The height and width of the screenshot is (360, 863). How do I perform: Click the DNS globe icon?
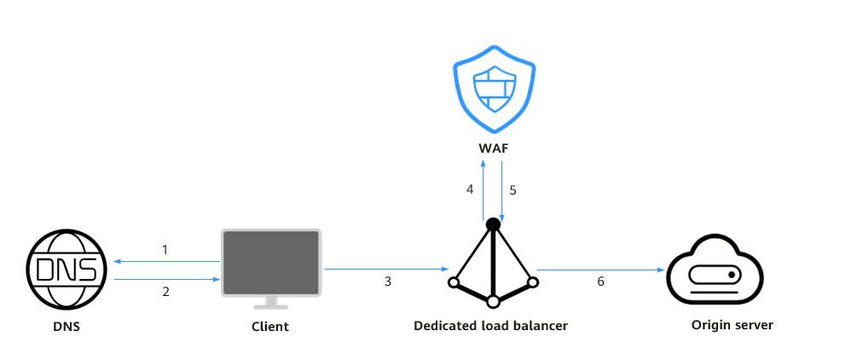point(66,270)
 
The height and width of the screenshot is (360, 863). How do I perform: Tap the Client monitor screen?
point(271,263)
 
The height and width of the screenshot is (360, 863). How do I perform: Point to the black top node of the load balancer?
point(493,224)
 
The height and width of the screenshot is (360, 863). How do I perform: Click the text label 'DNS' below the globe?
point(66,327)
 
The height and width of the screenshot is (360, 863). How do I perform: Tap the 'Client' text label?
point(270,327)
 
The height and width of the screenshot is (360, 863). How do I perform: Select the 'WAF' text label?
point(494,148)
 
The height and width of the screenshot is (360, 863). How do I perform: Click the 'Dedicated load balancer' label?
point(490,325)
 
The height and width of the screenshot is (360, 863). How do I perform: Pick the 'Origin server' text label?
point(732,325)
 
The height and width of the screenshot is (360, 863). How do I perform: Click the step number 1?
point(165,250)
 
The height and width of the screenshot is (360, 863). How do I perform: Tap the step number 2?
point(165,292)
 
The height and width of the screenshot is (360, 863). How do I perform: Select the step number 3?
point(388,282)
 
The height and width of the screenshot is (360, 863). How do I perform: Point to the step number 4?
point(470,189)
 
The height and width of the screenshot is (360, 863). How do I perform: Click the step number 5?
point(513,190)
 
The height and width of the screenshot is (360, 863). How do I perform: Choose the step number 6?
point(600,282)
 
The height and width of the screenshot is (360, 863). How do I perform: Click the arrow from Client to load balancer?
point(387,270)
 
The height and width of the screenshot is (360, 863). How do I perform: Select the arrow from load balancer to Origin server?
point(601,270)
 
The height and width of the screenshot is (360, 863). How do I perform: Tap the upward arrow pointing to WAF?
point(484,190)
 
